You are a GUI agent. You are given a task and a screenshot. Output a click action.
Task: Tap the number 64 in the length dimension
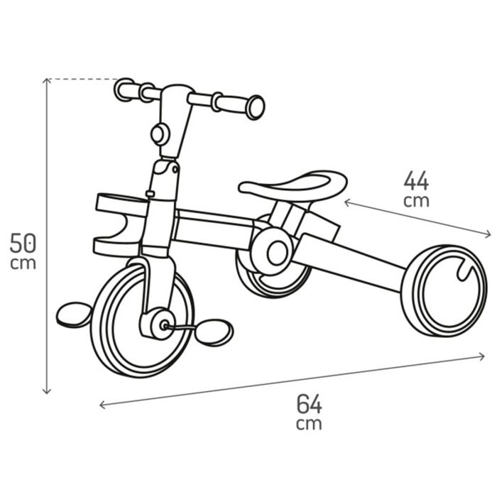click(309, 404)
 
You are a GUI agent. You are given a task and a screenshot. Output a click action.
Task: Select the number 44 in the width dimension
click(416, 181)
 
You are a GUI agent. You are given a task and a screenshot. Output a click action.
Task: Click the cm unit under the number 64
click(309, 425)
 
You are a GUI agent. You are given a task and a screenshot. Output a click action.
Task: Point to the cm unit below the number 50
click(23, 264)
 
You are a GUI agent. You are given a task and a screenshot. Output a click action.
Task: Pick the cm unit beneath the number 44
click(416, 201)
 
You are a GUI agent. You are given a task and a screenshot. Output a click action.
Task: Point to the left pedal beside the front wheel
click(74, 314)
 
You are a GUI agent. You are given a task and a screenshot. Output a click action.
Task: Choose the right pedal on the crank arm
click(214, 332)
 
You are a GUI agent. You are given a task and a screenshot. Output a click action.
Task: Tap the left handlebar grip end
click(124, 89)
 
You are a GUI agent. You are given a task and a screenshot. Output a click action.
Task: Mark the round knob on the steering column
click(159, 133)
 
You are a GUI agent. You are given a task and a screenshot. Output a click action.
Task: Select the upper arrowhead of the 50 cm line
click(47, 80)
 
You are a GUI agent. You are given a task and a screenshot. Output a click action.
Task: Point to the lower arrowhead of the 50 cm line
click(47, 391)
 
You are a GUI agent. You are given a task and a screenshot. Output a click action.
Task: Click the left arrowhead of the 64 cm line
click(102, 405)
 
